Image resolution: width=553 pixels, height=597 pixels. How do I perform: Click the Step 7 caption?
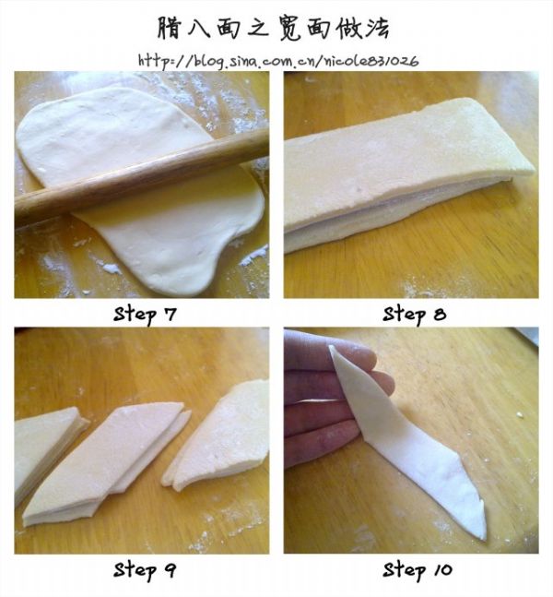point(145,315)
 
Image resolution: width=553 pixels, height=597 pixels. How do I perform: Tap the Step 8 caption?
point(414,315)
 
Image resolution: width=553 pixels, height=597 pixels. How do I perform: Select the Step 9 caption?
point(145,570)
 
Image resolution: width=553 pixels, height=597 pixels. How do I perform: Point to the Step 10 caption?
point(418,570)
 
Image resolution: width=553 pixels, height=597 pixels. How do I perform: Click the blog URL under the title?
point(278,61)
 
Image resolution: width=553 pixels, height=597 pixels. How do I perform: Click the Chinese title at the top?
point(274,28)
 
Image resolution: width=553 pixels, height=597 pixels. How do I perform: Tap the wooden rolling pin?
point(142,177)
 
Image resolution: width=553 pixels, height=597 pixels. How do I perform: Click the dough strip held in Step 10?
point(407,442)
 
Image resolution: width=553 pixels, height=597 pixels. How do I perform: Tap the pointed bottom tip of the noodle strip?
point(484,538)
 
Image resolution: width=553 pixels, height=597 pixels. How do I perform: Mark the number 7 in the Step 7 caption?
point(171,315)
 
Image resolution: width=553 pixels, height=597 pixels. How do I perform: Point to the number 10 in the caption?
point(442,570)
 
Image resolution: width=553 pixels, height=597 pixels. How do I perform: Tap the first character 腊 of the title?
point(170,28)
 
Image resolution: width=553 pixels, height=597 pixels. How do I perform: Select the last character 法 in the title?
point(378,28)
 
